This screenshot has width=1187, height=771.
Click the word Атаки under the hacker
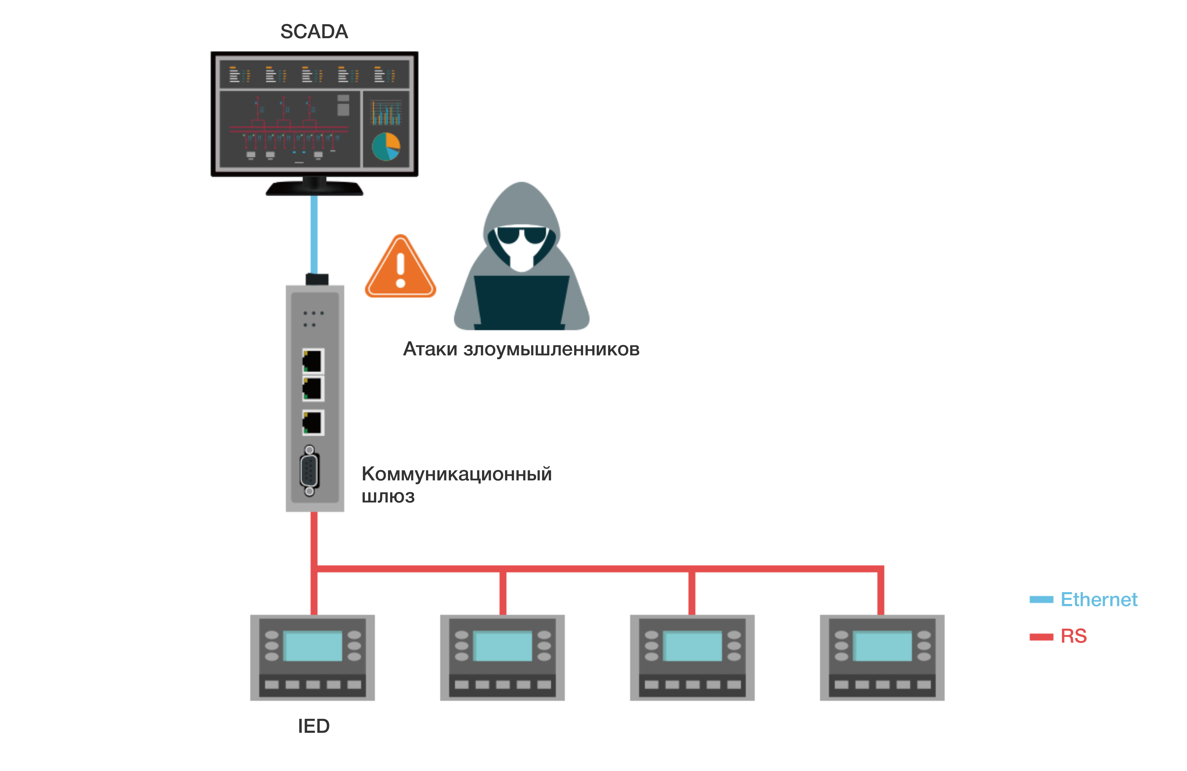[x=430, y=349]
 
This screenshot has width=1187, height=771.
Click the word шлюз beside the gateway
[x=388, y=496]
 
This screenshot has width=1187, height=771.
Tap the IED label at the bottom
[x=314, y=726]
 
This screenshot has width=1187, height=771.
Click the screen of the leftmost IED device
[x=313, y=646]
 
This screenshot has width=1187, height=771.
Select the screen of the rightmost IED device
[x=882, y=646]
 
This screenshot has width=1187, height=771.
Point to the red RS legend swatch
[x=1041, y=636]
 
